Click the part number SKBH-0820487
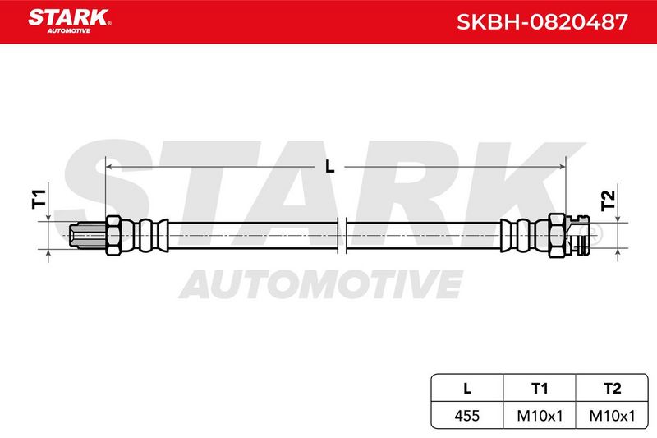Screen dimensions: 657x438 coord(542,22)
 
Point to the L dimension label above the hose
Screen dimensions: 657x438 coord(330,167)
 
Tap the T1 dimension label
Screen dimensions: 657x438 coord(39,199)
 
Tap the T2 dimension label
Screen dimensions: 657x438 coord(608,201)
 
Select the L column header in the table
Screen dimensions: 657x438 coord(467,388)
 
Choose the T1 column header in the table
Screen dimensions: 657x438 coord(540,389)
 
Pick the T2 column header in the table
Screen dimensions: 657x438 coord(612,389)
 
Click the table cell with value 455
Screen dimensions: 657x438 coord(467,415)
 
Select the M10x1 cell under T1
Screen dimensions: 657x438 coord(540,415)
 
